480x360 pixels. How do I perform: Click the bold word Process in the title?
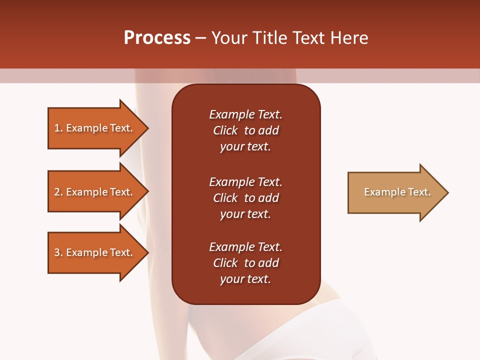tap(157, 38)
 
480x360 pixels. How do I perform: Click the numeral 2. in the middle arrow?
tap(58, 192)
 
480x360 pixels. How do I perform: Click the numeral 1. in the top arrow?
tap(58, 128)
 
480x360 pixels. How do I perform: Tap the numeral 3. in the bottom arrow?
tap(58, 252)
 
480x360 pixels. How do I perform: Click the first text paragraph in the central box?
tap(245, 130)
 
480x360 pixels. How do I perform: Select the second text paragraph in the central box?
tap(245, 198)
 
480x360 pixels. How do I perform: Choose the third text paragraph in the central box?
tap(245, 263)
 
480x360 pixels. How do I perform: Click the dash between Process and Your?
tap(201, 38)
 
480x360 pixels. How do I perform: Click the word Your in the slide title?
tap(229, 38)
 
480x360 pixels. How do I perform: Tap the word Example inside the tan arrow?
tap(381, 192)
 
